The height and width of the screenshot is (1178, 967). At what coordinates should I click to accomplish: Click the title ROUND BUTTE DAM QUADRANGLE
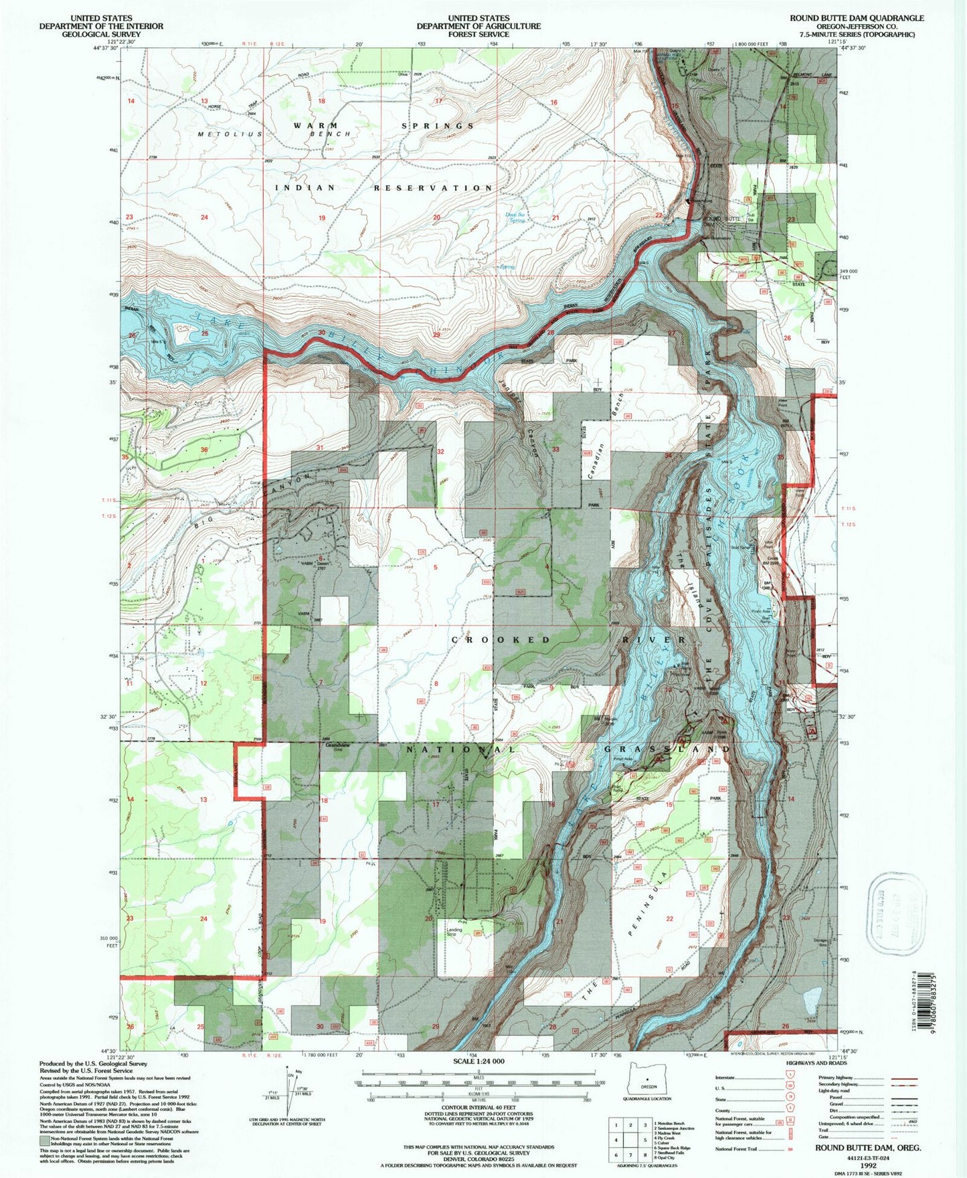(857, 18)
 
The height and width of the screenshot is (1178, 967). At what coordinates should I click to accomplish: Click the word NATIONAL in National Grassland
(462, 750)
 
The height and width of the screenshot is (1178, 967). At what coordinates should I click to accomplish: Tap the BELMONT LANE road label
(812, 58)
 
